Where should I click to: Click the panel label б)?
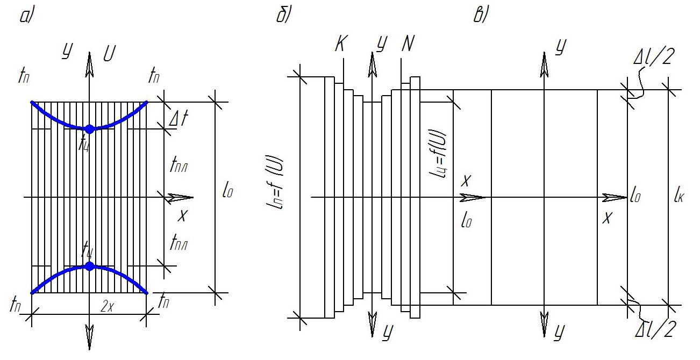click(283, 17)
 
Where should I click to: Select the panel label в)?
click(481, 17)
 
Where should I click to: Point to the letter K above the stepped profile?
click(340, 45)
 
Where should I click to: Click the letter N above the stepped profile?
click(408, 45)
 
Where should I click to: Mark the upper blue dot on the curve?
click(90, 128)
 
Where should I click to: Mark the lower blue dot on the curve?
click(90, 266)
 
